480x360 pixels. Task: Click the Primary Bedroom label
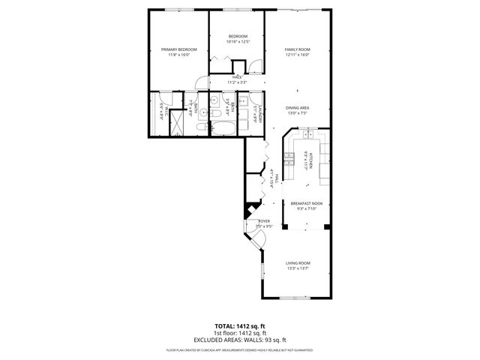point(178,49)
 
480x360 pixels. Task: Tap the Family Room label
point(297,49)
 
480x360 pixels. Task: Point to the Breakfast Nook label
point(306,203)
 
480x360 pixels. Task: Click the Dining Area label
point(297,108)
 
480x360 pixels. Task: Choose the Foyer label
point(264,221)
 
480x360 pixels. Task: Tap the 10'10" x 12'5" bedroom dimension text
point(237,41)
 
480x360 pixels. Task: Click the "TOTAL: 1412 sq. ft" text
point(239,327)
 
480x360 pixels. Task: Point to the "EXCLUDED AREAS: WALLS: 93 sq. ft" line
point(239,339)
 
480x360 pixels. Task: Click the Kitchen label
point(307,159)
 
